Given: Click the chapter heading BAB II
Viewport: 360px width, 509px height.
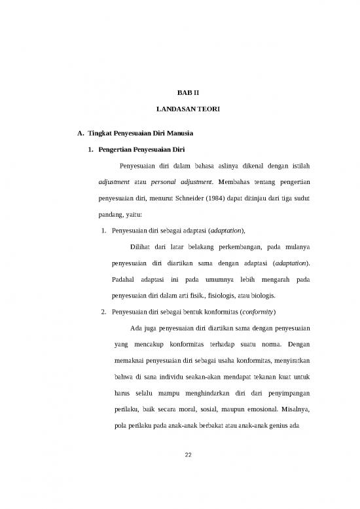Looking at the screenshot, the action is (x=180, y=95).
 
